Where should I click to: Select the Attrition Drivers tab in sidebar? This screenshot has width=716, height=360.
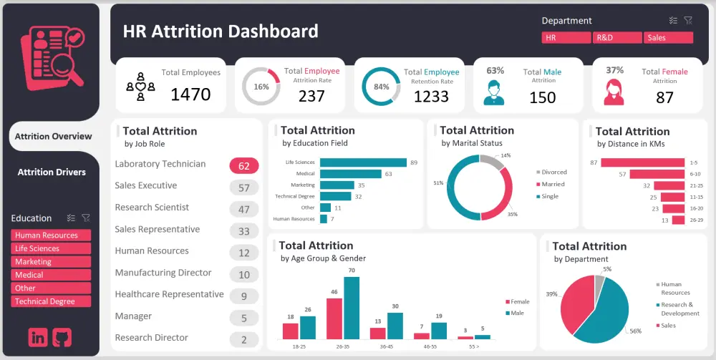point(52,172)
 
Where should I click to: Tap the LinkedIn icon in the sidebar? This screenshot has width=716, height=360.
point(38,338)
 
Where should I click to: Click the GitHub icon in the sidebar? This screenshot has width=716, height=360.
point(63,338)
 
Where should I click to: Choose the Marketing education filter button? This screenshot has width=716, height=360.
point(51,262)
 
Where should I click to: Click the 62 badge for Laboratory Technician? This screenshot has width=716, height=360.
point(244,166)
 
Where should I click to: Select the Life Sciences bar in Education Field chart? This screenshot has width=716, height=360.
point(363,162)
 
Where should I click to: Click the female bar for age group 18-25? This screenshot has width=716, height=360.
point(290,331)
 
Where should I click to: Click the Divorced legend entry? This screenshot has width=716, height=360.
point(553,172)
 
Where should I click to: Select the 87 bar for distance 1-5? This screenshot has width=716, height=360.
point(634,162)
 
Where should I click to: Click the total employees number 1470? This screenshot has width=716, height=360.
point(190,94)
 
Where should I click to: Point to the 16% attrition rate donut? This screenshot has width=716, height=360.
point(261,87)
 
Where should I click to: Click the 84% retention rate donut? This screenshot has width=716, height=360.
point(381,87)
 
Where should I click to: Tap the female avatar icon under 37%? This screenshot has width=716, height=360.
point(614,92)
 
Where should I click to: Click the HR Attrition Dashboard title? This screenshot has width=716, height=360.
point(221,31)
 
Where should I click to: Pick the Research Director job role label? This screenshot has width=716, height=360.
point(152,338)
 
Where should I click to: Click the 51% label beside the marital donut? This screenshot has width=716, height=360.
point(438,183)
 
